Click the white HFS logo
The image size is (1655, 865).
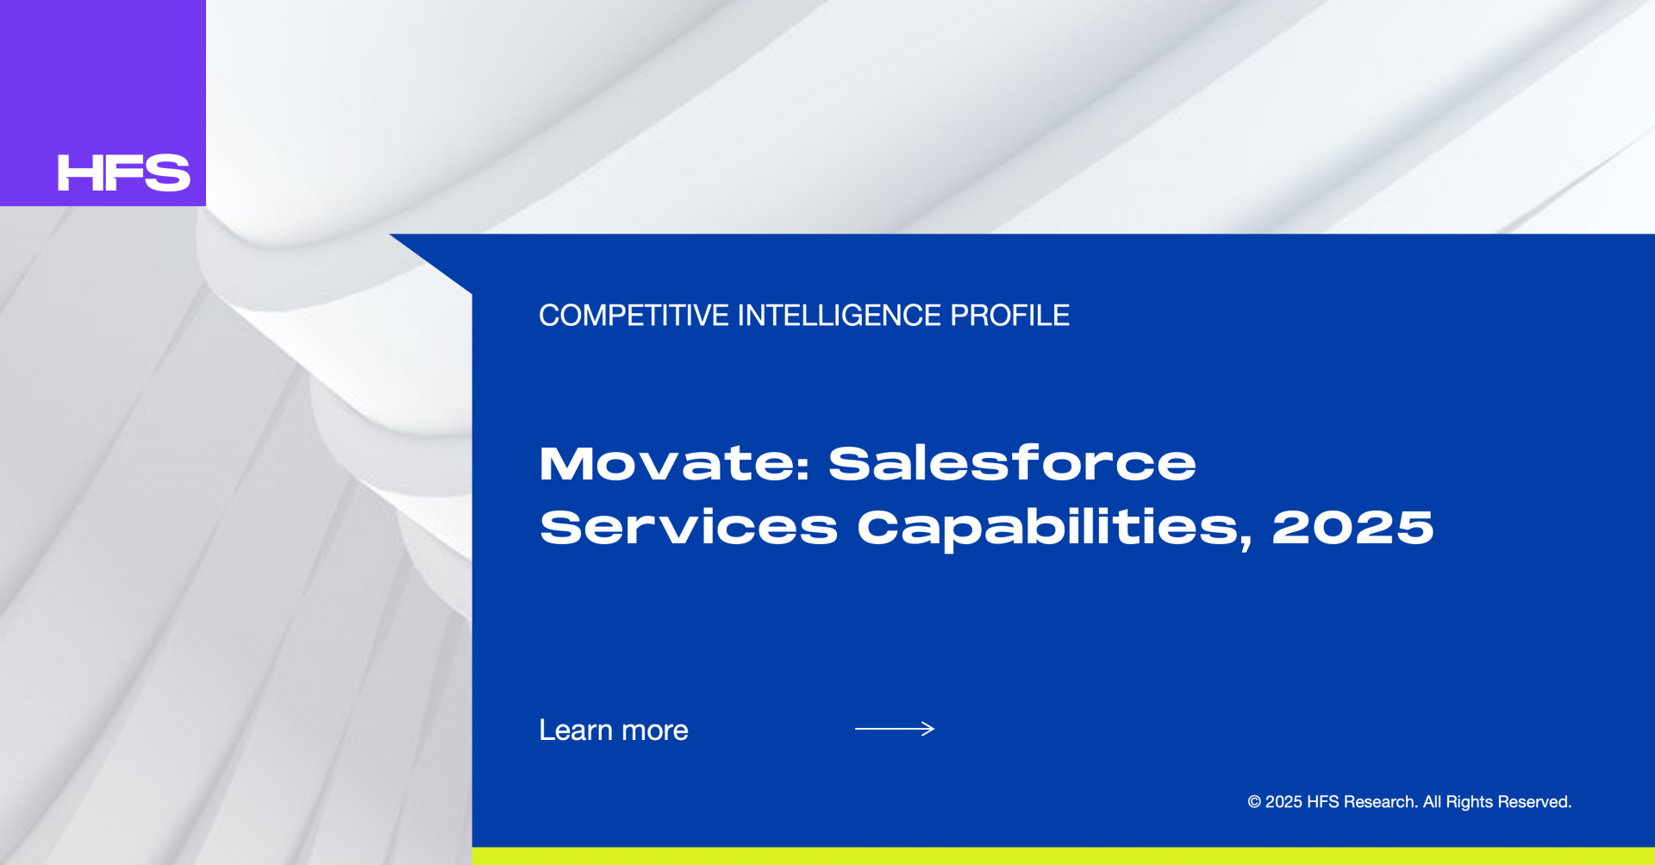coord(123,172)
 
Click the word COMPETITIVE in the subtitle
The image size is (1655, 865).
coord(634,316)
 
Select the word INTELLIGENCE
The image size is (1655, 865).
coord(840,316)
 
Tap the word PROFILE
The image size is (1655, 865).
coord(1009,316)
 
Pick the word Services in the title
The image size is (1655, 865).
coord(689,527)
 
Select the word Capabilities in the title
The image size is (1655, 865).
coord(1047,528)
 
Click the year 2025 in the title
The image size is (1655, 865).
coord(1352,527)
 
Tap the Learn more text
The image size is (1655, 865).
coord(614,730)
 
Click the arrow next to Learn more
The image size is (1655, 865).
coord(895,729)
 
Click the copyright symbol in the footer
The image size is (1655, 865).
coord(1254,802)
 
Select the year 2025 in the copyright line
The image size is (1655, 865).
coord(1283,802)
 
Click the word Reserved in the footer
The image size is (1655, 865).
coord(1534,802)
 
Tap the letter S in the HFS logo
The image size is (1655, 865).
coord(168,172)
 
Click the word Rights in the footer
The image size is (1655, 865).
coord(1469,802)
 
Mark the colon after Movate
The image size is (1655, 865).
coord(803,467)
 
